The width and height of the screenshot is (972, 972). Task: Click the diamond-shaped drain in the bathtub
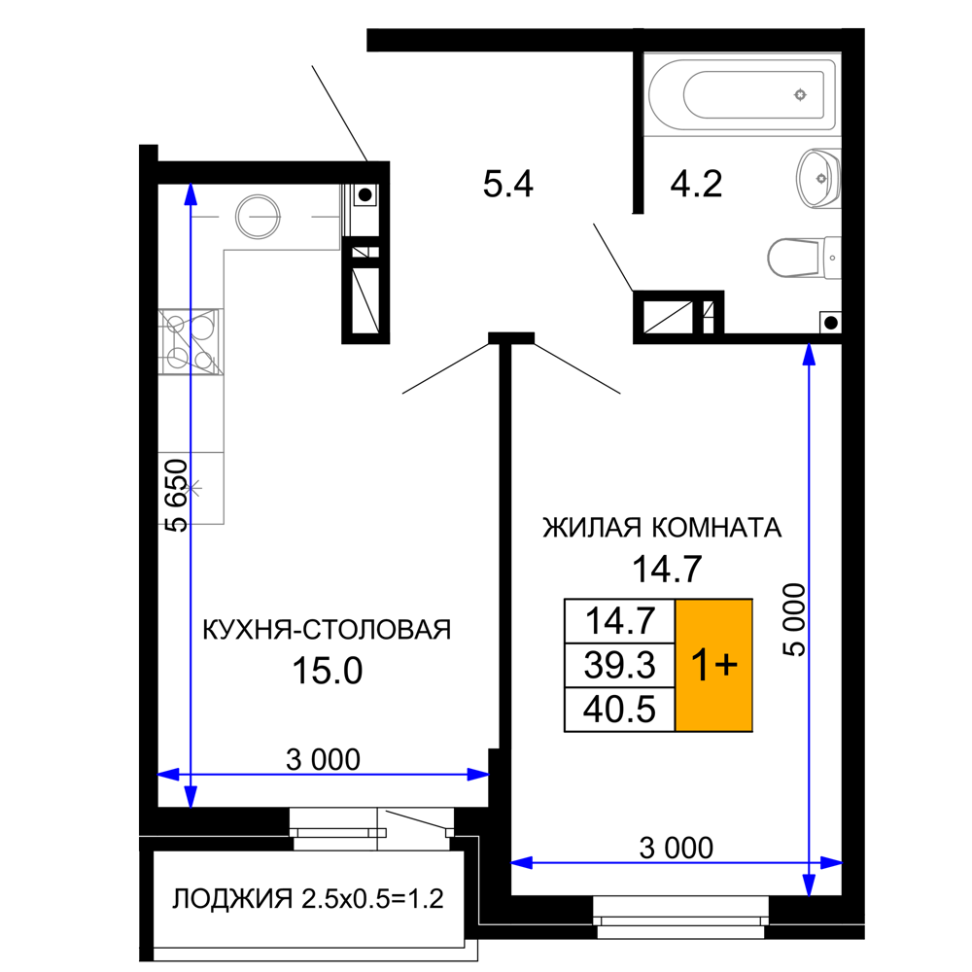click(800, 94)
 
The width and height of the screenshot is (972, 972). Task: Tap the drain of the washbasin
click(821, 179)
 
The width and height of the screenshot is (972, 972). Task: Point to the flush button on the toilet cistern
click(833, 259)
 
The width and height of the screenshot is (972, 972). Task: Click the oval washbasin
click(817, 179)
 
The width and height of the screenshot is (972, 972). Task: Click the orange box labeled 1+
click(713, 665)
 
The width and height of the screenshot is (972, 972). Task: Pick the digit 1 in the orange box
click(700, 666)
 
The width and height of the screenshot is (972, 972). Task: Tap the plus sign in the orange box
click(726, 666)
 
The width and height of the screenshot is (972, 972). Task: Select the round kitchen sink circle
click(258, 217)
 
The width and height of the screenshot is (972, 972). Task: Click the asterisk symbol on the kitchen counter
click(191, 487)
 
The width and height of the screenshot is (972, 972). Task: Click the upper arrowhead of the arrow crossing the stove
click(191, 192)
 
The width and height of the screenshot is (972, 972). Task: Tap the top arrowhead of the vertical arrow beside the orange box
click(809, 354)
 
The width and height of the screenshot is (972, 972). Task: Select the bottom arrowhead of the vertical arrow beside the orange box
click(809, 885)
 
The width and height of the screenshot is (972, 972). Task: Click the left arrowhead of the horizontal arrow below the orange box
click(522, 862)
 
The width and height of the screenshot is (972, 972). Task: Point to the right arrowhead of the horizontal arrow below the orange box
click(831, 862)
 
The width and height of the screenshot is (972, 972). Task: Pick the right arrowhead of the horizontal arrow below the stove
click(477, 775)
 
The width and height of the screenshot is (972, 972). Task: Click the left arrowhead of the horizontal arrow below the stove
click(168, 775)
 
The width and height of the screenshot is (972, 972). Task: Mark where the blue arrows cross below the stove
click(191, 775)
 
